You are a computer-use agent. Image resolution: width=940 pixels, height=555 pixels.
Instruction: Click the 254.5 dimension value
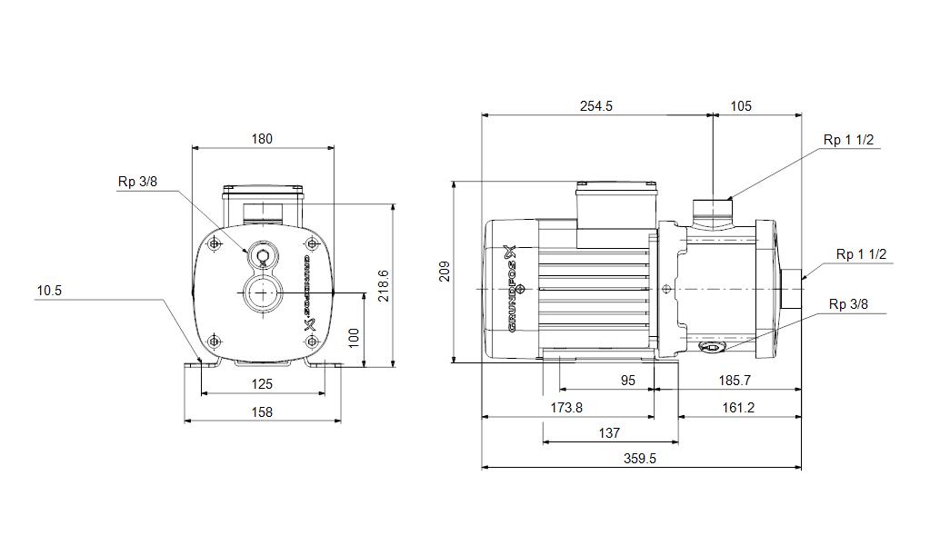pyautogui.click(x=595, y=106)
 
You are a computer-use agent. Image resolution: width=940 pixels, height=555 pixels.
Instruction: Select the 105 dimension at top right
pyautogui.click(x=740, y=106)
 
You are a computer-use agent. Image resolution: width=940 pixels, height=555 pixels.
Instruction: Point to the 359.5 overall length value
pyautogui.click(x=640, y=459)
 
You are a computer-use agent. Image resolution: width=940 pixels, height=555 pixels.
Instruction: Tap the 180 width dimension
pyautogui.click(x=262, y=139)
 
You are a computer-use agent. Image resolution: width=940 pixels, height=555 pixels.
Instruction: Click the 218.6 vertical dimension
pyautogui.click(x=384, y=285)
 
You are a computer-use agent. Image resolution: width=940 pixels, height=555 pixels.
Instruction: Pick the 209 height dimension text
pyautogui.click(x=445, y=272)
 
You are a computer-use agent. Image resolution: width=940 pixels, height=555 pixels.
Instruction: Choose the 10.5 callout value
pyautogui.click(x=49, y=291)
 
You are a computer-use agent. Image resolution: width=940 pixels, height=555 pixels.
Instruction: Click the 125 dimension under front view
pyautogui.click(x=262, y=383)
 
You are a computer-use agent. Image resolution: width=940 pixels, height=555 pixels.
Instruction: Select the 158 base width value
pyautogui.click(x=262, y=411)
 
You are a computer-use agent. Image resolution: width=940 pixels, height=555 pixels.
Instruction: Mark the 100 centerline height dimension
pyautogui.click(x=354, y=338)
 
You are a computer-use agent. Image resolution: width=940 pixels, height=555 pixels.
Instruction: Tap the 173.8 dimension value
pyautogui.click(x=566, y=408)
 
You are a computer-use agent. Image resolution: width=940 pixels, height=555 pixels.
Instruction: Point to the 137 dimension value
pyautogui.click(x=609, y=433)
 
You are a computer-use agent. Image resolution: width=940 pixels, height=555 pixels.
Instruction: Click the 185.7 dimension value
pyautogui.click(x=735, y=381)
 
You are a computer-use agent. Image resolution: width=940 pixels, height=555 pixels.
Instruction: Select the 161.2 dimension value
pyautogui.click(x=738, y=408)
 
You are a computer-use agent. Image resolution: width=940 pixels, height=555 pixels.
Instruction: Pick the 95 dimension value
pyautogui.click(x=627, y=381)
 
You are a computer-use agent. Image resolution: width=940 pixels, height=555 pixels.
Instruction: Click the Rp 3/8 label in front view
pyautogui.click(x=137, y=182)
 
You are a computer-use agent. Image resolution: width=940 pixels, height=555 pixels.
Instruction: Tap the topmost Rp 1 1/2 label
pyautogui.click(x=848, y=140)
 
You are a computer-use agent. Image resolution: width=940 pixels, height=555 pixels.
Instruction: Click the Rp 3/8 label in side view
pyautogui.click(x=848, y=304)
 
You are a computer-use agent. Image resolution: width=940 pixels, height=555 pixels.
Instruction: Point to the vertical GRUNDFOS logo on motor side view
pyautogui.click(x=513, y=288)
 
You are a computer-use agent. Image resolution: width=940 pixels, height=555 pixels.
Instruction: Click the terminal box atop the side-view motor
pyautogui.click(x=616, y=214)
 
